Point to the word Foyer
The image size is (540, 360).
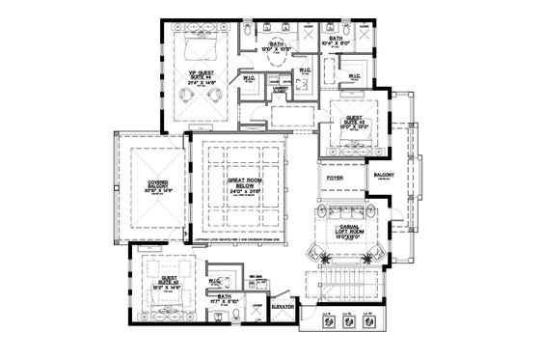335,179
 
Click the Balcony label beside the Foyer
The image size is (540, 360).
384,176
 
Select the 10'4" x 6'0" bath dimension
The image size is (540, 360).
343,42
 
